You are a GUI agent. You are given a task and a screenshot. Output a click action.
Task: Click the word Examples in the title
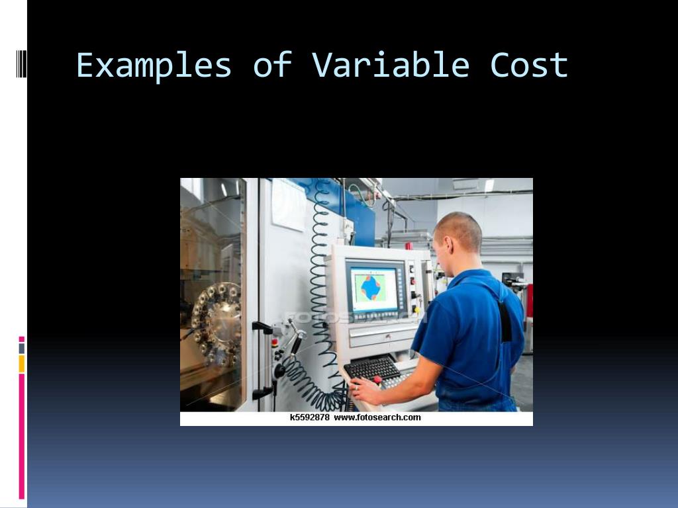(154, 65)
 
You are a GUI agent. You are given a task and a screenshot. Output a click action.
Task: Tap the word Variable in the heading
(391, 65)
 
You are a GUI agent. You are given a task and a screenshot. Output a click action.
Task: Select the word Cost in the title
(529, 65)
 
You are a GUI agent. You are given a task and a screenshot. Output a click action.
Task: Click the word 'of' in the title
(272, 65)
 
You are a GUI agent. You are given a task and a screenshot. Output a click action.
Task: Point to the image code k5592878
(309, 417)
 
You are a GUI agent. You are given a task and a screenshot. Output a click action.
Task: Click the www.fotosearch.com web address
(377, 417)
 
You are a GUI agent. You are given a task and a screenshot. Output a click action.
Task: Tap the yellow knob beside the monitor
(416, 310)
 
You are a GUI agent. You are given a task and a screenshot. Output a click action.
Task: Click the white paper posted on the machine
(289, 204)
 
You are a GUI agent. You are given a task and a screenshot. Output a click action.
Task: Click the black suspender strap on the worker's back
(505, 317)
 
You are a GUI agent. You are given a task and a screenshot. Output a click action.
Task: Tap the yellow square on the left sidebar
(21, 363)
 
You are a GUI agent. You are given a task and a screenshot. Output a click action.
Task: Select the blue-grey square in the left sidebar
(21, 348)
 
